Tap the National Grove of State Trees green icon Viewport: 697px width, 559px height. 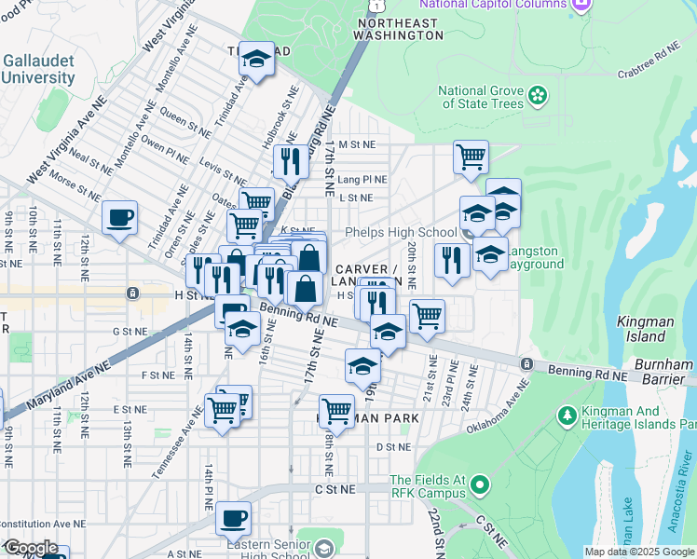click(x=537, y=95)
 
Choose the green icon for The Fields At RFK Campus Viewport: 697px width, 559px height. click(x=479, y=484)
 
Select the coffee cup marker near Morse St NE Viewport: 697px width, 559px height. click(x=119, y=219)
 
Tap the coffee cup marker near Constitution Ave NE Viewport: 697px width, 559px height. click(x=233, y=517)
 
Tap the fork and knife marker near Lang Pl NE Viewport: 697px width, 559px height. click(x=290, y=162)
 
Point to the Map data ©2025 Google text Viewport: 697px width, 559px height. click(x=639, y=552)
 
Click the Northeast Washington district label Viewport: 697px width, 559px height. click(x=400, y=28)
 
